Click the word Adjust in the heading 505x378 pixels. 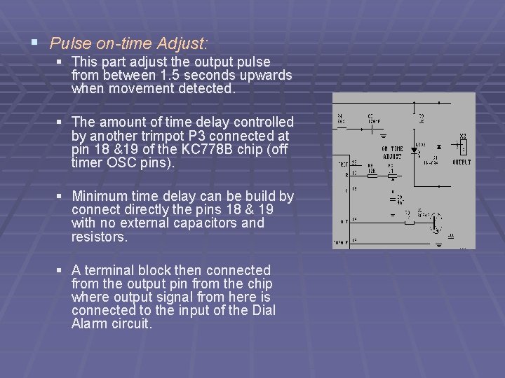coord(182,43)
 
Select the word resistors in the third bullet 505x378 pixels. coord(99,237)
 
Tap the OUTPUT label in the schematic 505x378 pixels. coord(462,162)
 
